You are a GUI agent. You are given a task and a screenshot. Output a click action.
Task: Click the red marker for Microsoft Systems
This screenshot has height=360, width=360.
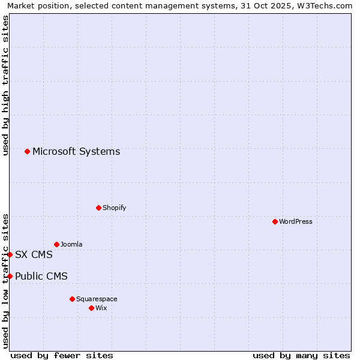click(27, 151)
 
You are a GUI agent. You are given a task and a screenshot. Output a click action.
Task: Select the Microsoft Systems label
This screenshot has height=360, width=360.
click(76, 151)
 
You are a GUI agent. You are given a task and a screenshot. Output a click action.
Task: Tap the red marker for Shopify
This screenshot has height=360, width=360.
click(98, 208)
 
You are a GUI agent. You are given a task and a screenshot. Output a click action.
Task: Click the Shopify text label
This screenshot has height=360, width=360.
click(114, 208)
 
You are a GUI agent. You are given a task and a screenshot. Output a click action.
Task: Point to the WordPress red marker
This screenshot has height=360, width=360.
click(275, 221)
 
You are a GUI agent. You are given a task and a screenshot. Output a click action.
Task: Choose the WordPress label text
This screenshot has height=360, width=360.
click(295, 221)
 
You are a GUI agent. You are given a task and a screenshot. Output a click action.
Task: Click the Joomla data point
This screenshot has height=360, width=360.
click(56, 244)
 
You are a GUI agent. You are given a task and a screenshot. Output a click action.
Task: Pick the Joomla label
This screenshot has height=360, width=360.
click(71, 244)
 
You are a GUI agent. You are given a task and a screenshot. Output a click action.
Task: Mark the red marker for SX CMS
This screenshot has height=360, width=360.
click(10, 254)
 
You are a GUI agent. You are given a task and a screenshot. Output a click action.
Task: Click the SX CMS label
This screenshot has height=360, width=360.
click(34, 254)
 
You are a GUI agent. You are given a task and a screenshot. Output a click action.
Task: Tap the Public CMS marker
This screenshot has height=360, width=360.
click(10, 276)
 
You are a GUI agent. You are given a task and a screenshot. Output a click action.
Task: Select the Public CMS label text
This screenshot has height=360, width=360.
click(41, 276)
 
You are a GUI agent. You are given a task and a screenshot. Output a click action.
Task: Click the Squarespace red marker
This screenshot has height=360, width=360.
click(72, 299)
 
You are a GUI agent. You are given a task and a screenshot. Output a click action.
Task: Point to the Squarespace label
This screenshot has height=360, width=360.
click(97, 299)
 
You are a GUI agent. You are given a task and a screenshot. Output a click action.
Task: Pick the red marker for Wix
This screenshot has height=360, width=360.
click(91, 308)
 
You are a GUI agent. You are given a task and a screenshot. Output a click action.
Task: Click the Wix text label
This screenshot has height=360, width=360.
click(101, 308)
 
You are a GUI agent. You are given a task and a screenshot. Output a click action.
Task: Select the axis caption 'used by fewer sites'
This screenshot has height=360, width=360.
click(62, 355)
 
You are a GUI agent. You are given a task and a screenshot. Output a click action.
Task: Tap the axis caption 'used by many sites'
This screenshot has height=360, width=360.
click(301, 355)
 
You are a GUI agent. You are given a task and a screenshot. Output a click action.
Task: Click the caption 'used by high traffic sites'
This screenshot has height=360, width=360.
click(6, 85)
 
